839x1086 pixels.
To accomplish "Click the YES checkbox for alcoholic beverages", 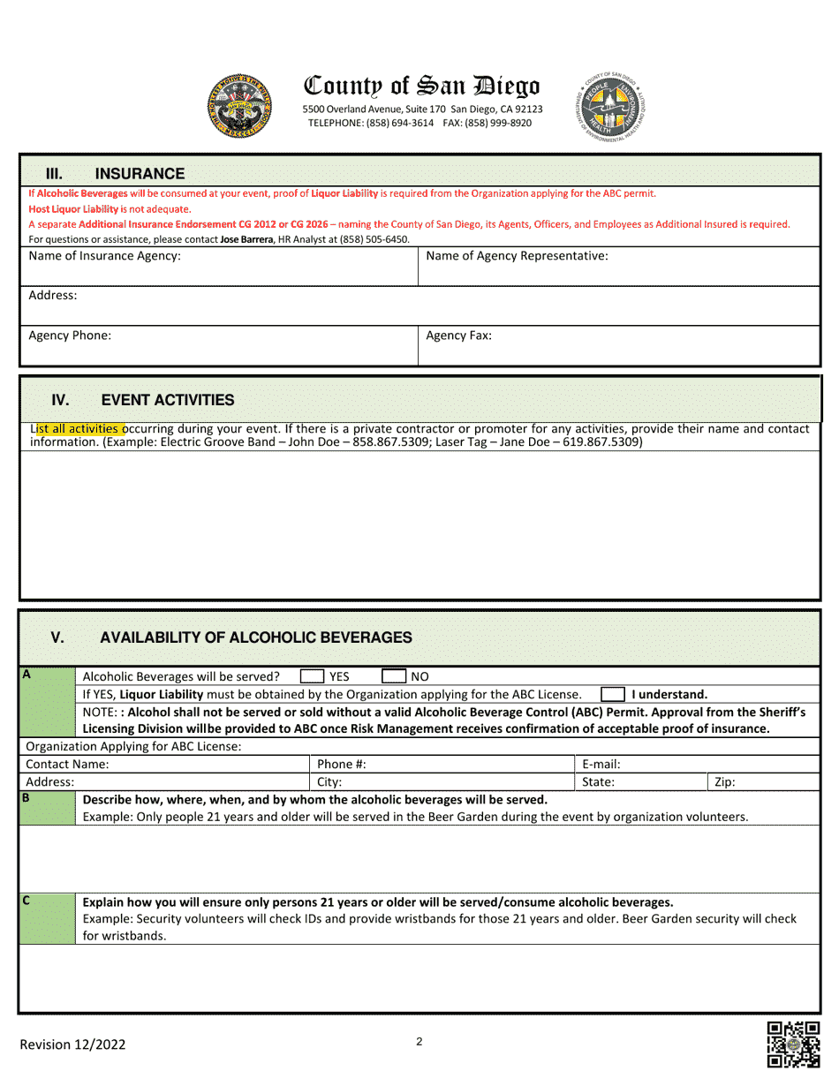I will (311, 676).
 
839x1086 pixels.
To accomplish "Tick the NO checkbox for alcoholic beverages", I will (393, 676).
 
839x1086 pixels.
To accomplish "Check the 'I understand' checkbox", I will (613, 694).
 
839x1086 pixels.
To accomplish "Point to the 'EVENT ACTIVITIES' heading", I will (168, 400).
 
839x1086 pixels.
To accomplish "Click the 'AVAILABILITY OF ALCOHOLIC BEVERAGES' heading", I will (256, 637).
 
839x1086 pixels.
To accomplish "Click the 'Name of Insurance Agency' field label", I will (105, 256).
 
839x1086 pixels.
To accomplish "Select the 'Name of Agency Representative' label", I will (517, 256).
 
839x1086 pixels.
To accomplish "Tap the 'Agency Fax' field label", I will (458, 336).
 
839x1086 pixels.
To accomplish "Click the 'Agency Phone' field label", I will (70, 336).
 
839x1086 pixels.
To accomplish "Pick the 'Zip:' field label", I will (724, 781).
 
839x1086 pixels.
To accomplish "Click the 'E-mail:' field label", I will (601, 764).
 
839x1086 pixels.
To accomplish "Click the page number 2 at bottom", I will (419, 1042).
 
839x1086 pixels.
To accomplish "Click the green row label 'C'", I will (27, 901).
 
